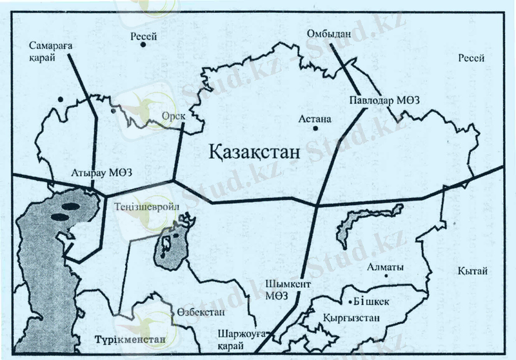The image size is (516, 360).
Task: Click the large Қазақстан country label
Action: tap(255, 153)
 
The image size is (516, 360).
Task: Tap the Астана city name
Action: tap(315, 119)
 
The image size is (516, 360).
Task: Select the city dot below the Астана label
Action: tap(315, 128)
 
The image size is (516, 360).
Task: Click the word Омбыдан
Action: tap(329, 34)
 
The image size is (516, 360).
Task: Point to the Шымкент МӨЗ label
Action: tap(282, 289)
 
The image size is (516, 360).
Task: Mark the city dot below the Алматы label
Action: tap(385, 276)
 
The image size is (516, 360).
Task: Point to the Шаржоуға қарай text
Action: tap(240, 340)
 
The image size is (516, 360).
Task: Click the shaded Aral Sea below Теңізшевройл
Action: tap(170, 248)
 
